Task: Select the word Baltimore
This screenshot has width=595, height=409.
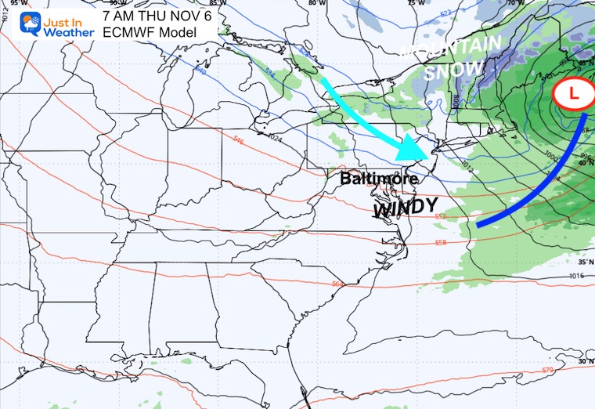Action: pos(379,179)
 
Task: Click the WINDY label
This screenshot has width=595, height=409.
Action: pos(404,207)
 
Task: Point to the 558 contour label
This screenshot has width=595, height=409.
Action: pos(441,243)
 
